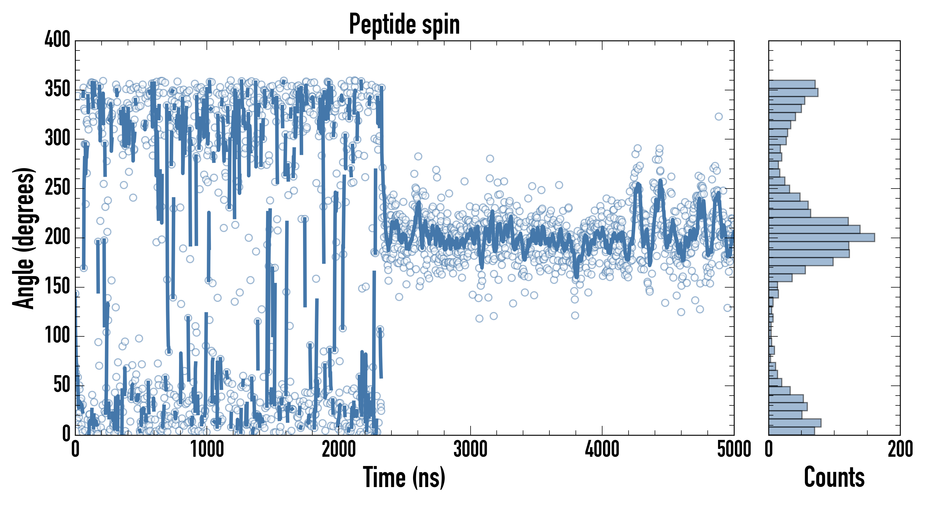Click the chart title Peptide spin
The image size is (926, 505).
pyautogui.click(x=404, y=24)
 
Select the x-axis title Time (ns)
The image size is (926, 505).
pyautogui.click(x=404, y=477)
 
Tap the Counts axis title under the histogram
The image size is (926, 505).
pyautogui.click(x=834, y=477)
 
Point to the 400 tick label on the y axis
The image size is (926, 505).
pyautogui.click(x=57, y=40)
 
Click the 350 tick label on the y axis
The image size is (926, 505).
pyautogui.click(x=57, y=89)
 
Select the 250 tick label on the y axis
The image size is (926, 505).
pyautogui.click(x=57, y=188)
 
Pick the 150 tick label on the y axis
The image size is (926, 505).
pyautogui.click(x=57, y=287)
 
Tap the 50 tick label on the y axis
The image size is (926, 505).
pyautogui.click(x=62, y=385)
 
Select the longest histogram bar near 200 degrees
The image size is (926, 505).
pyautogui.click(x=821, y=237)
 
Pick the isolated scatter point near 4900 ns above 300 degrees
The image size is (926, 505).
pyautogui.click(x=718, y=116)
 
